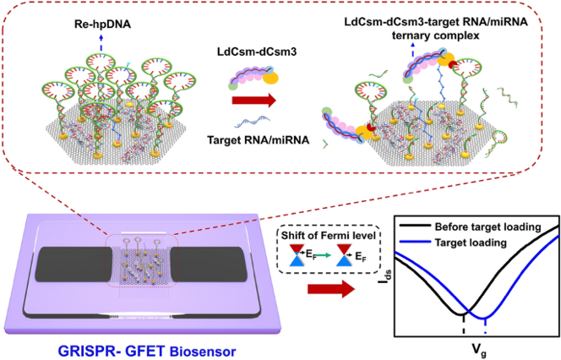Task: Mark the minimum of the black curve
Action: (x=463, y=309)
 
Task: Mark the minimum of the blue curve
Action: (x=485, y=315)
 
